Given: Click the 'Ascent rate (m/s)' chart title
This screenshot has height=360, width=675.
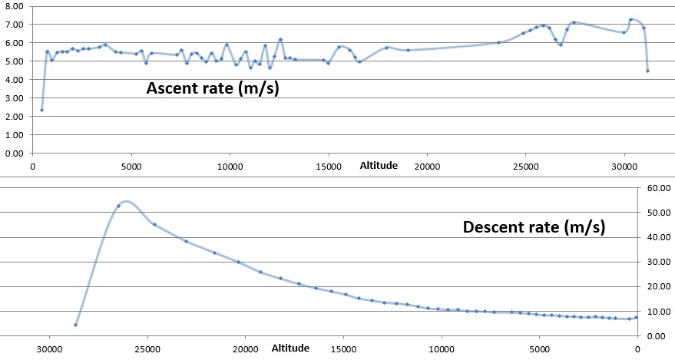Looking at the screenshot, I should [x=213, y=88].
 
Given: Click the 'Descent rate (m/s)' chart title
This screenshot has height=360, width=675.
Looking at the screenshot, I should [x=534, y=227].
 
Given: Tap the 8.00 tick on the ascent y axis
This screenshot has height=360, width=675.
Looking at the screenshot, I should [x=15, y=6].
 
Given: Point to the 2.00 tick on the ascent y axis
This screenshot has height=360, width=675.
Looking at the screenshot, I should [x=15, y=116].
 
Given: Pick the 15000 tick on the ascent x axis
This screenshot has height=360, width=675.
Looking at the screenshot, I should [x=329, y=165].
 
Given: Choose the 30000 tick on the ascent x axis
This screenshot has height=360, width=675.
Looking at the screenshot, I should [x=624, y=165].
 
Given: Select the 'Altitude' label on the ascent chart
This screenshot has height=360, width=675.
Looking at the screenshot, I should [x=379, y=165].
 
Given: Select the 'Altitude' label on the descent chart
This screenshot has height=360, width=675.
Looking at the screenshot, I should [x=290, y=348].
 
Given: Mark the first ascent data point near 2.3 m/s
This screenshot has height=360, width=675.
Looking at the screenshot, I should [x=41, y=110].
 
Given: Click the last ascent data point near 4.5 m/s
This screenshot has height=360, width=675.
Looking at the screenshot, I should [x=647, y=71].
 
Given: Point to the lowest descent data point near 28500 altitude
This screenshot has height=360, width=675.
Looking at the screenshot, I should [x=76, y=325].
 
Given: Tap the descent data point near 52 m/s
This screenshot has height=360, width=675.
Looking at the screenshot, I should [x=118, y=206].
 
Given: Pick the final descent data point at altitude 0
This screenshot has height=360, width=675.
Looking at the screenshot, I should [x=636, y=317].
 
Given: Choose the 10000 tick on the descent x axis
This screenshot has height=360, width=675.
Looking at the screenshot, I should [x=441, y=348].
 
